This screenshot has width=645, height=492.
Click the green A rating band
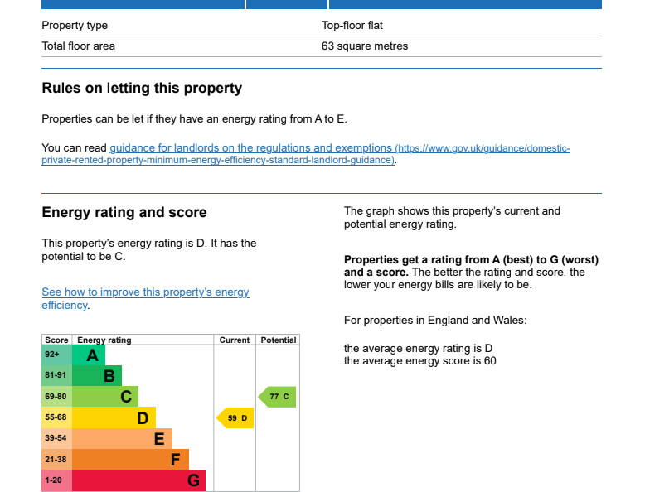[x=89, y=355]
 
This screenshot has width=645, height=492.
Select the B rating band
[x=98, y=376]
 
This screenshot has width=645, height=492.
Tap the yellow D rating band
[x=114, y=418]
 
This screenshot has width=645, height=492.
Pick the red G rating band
[x=139, y=480]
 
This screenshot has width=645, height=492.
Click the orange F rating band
[x=131, y=460]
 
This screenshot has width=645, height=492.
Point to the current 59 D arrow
[x=235, y=418]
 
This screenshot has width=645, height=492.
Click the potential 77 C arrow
[x=277, y=397]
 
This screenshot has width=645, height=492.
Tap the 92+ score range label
[x=52, y=355]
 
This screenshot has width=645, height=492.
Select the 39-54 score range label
[x=56, y=439]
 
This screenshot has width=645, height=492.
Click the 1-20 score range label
[x=53, y=480]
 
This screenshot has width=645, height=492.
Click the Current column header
[x=235, y=340]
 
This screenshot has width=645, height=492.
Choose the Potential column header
[x=278, y=340]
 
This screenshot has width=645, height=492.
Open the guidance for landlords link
[x=251, y=148]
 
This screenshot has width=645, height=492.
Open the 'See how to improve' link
[x=145, y=292]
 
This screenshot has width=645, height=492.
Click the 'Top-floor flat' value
[x=352, y=26]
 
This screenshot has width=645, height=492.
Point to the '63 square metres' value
[x=365, y=46]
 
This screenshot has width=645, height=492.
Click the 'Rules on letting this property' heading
[x=142, y=89]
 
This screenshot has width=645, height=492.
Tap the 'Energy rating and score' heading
[x=124, y=213]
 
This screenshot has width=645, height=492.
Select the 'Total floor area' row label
[x=79, y=46]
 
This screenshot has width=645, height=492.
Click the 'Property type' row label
[x=75, y=26]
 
